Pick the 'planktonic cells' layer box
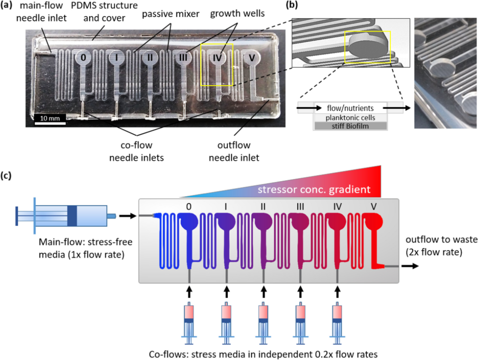pyautogui.click(x=351, y=117)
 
